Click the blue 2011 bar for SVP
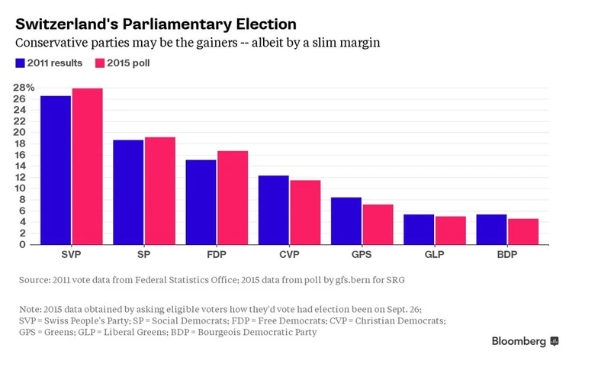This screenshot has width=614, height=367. [x=56, y=170]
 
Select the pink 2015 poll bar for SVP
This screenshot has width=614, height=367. [x=87, y=166]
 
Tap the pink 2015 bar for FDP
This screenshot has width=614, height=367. [x=232, y=198]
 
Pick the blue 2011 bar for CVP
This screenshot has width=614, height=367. [x=273, y=210]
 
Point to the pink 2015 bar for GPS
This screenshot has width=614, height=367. [x=377, y=224]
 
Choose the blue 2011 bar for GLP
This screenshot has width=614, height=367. [x=419, y=230]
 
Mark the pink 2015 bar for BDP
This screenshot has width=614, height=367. [x=522, y=232]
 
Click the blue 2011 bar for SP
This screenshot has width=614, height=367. [x=128, y=192]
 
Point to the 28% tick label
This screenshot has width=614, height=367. [x=24, y=88]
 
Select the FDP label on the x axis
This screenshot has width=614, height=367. [x=216, y=253]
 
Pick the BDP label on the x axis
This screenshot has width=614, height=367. [x=507, y=253]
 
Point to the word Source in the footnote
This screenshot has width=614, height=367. [x=34, y=281]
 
